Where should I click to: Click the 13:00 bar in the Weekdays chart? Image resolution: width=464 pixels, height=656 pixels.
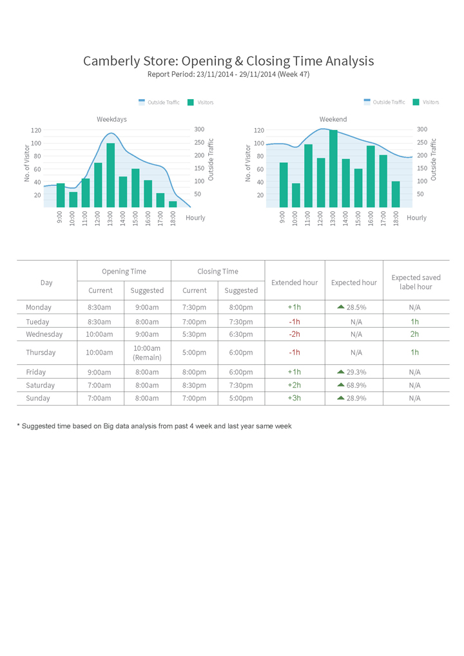[110, 175]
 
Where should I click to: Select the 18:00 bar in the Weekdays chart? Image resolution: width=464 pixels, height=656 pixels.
[173, 204]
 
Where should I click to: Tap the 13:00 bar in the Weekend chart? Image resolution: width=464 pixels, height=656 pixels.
[333, 169]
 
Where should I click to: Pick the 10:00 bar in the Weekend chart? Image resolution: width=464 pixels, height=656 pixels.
[296, 195]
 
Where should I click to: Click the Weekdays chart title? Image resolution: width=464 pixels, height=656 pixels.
[111, 119]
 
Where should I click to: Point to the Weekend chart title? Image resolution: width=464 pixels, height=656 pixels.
[333, 119]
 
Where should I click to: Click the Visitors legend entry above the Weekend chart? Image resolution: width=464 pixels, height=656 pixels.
[426, 102]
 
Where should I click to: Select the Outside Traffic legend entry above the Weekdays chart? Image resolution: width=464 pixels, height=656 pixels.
[159, 102]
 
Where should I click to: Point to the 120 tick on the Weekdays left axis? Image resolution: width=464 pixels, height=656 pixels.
[36, 130]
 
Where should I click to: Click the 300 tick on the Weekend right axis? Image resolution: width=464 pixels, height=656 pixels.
[422, 129]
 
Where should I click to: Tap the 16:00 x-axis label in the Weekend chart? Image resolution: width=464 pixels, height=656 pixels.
[371, 218]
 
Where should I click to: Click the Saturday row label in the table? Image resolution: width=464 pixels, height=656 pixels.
[40, 385]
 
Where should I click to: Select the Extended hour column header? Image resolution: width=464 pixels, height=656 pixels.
[295, 283]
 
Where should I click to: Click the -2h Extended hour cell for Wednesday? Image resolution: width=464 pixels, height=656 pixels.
[295, 334]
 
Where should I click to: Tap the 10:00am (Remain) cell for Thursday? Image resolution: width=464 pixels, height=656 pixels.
[147, 353]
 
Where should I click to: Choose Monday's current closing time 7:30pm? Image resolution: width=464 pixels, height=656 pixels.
[194, 308]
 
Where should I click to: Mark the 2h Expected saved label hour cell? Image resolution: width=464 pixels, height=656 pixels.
[414, 334]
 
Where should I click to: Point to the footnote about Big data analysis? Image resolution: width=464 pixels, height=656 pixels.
[154, 426]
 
